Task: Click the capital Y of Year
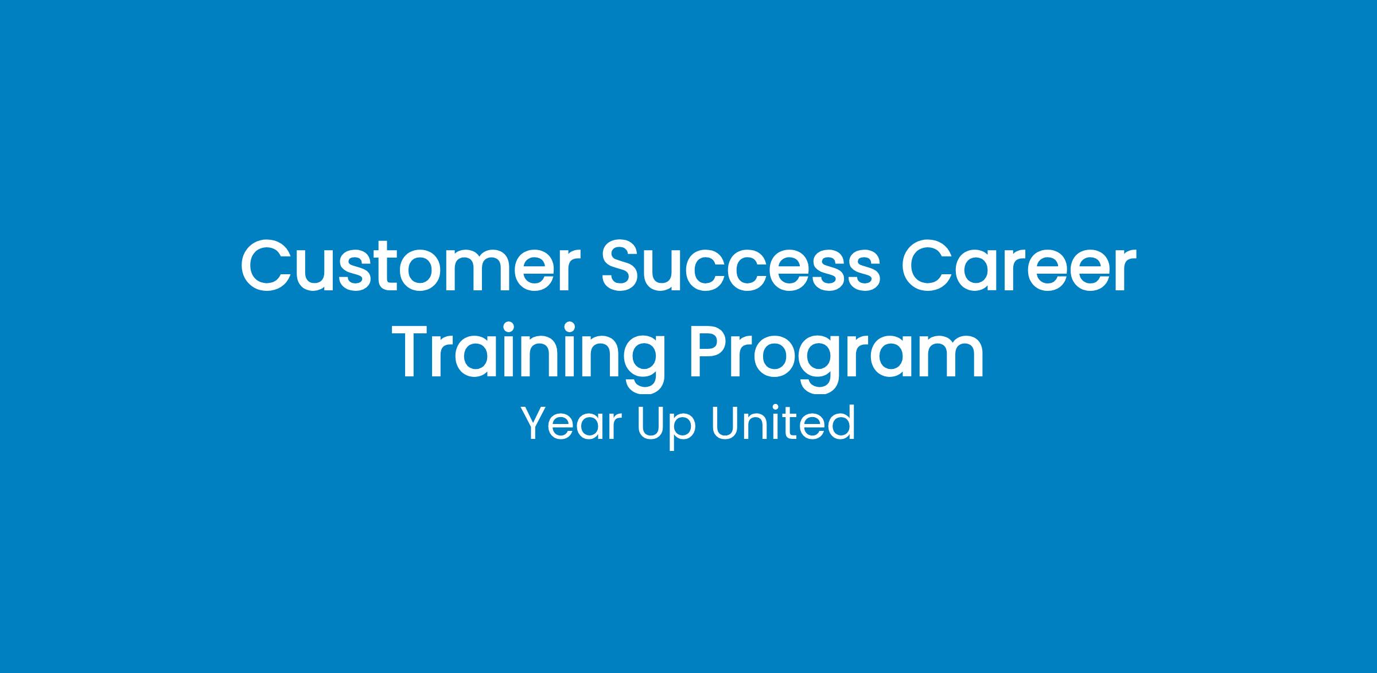537,423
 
